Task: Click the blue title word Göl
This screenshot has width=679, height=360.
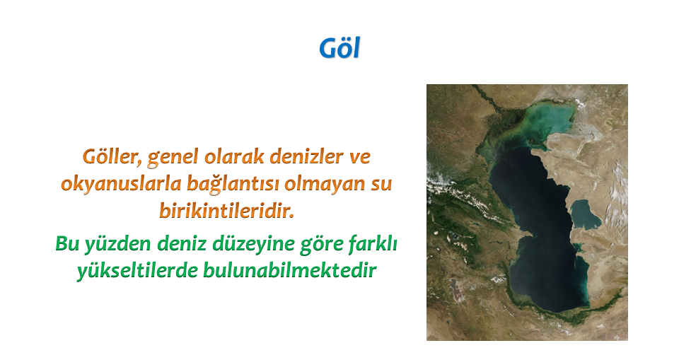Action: (339, 48)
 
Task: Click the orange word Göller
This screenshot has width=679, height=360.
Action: (112, 157)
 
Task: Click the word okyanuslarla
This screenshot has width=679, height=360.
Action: (121, 184)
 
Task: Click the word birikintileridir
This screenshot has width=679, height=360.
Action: (226, 211)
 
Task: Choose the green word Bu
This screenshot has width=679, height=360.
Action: (67, 244)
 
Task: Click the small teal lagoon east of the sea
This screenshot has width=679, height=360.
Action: (585, 215)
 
